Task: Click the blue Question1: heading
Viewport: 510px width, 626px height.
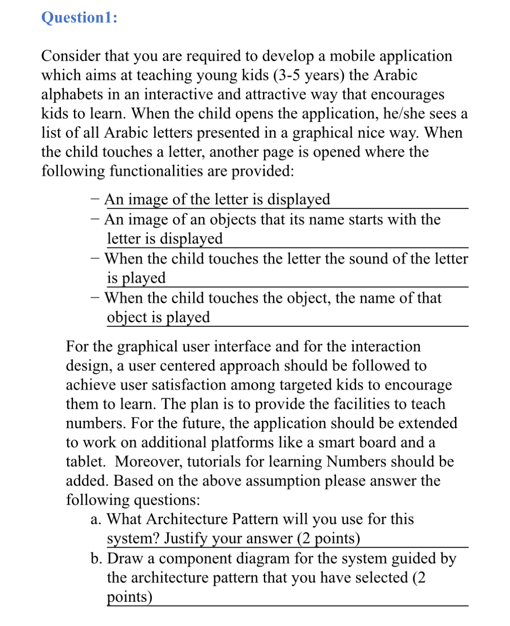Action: (x=79, y=18)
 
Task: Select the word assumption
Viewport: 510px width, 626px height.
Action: (x=282, y=481)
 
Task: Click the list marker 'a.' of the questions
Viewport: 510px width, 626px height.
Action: (x=96, y=519)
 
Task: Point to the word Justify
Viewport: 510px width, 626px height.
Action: (x=185, y=539)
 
